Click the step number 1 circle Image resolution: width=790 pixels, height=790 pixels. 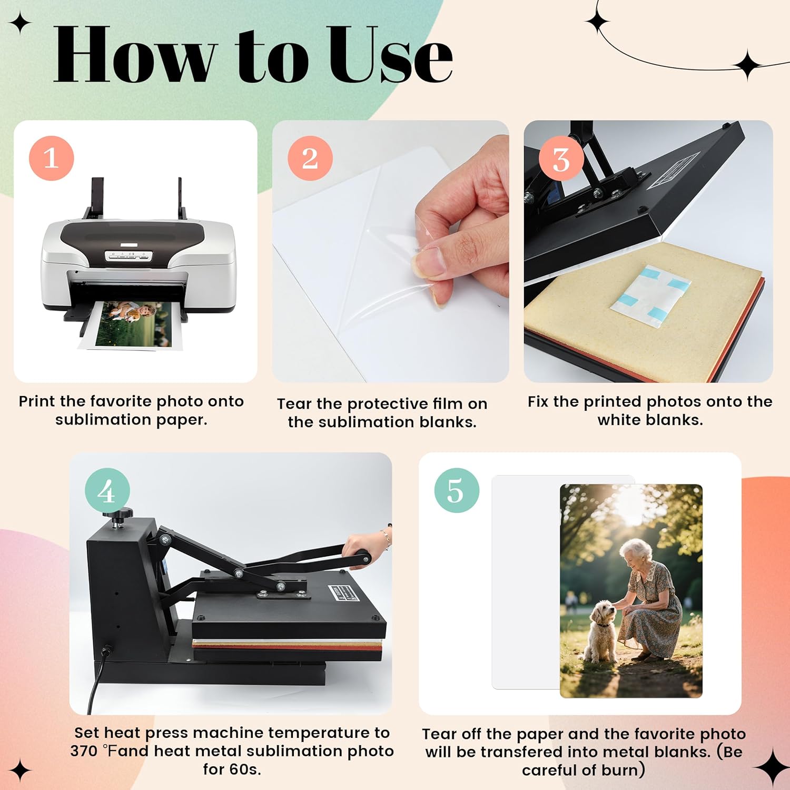(51, 158)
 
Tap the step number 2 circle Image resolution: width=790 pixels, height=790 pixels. (310, 158)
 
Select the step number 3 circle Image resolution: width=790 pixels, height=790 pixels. (561, 158)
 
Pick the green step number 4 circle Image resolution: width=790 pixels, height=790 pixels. (107, 491)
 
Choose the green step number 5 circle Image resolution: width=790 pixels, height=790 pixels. (457, 491)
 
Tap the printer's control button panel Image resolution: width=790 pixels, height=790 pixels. (128, 256)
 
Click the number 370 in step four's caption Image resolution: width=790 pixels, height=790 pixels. (84, 751)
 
